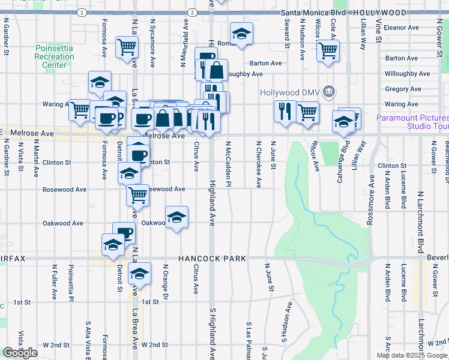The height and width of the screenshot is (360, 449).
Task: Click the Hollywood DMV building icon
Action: click(328, 92)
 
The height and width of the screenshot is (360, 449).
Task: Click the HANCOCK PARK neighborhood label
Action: click(212, 259)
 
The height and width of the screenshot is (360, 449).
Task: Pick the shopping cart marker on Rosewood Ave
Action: click(138, 194)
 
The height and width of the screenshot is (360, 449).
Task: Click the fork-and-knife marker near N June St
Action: click(283, 111)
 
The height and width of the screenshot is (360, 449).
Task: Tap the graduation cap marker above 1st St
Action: click(140, 274)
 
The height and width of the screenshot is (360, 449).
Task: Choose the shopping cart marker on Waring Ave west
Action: click(80, 110)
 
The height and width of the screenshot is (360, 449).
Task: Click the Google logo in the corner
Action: click(20, 353)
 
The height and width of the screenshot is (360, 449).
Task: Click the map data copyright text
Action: click(412, 355)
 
